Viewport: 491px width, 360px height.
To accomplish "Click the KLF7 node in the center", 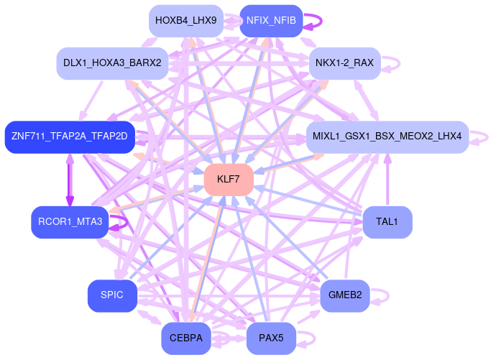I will click(228, 179).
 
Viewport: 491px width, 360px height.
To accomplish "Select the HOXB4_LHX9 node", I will click(185, 21).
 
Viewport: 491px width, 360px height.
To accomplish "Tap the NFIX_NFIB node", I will click(271, 21).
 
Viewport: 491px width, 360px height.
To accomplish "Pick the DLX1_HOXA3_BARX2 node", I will click(112, 63).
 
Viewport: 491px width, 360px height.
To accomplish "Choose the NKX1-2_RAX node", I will click(344, 63).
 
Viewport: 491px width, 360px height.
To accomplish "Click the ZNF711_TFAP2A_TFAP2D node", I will click(69, 137).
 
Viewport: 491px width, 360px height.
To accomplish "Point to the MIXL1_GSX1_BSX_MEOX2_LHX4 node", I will click(387, 137).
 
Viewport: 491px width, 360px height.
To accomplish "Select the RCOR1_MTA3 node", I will click(70, 222).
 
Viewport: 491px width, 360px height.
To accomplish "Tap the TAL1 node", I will click(387, 222).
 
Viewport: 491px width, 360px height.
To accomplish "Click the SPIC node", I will click(112, 295).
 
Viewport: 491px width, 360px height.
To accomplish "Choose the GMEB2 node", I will click(344, 295).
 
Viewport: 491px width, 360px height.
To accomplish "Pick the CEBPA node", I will click(185, 338).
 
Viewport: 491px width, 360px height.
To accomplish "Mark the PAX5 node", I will click(271, 338).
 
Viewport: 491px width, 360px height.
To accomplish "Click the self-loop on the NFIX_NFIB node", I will click(315, 21).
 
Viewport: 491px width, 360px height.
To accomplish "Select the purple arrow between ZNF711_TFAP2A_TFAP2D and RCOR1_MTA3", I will click(70, 180).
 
